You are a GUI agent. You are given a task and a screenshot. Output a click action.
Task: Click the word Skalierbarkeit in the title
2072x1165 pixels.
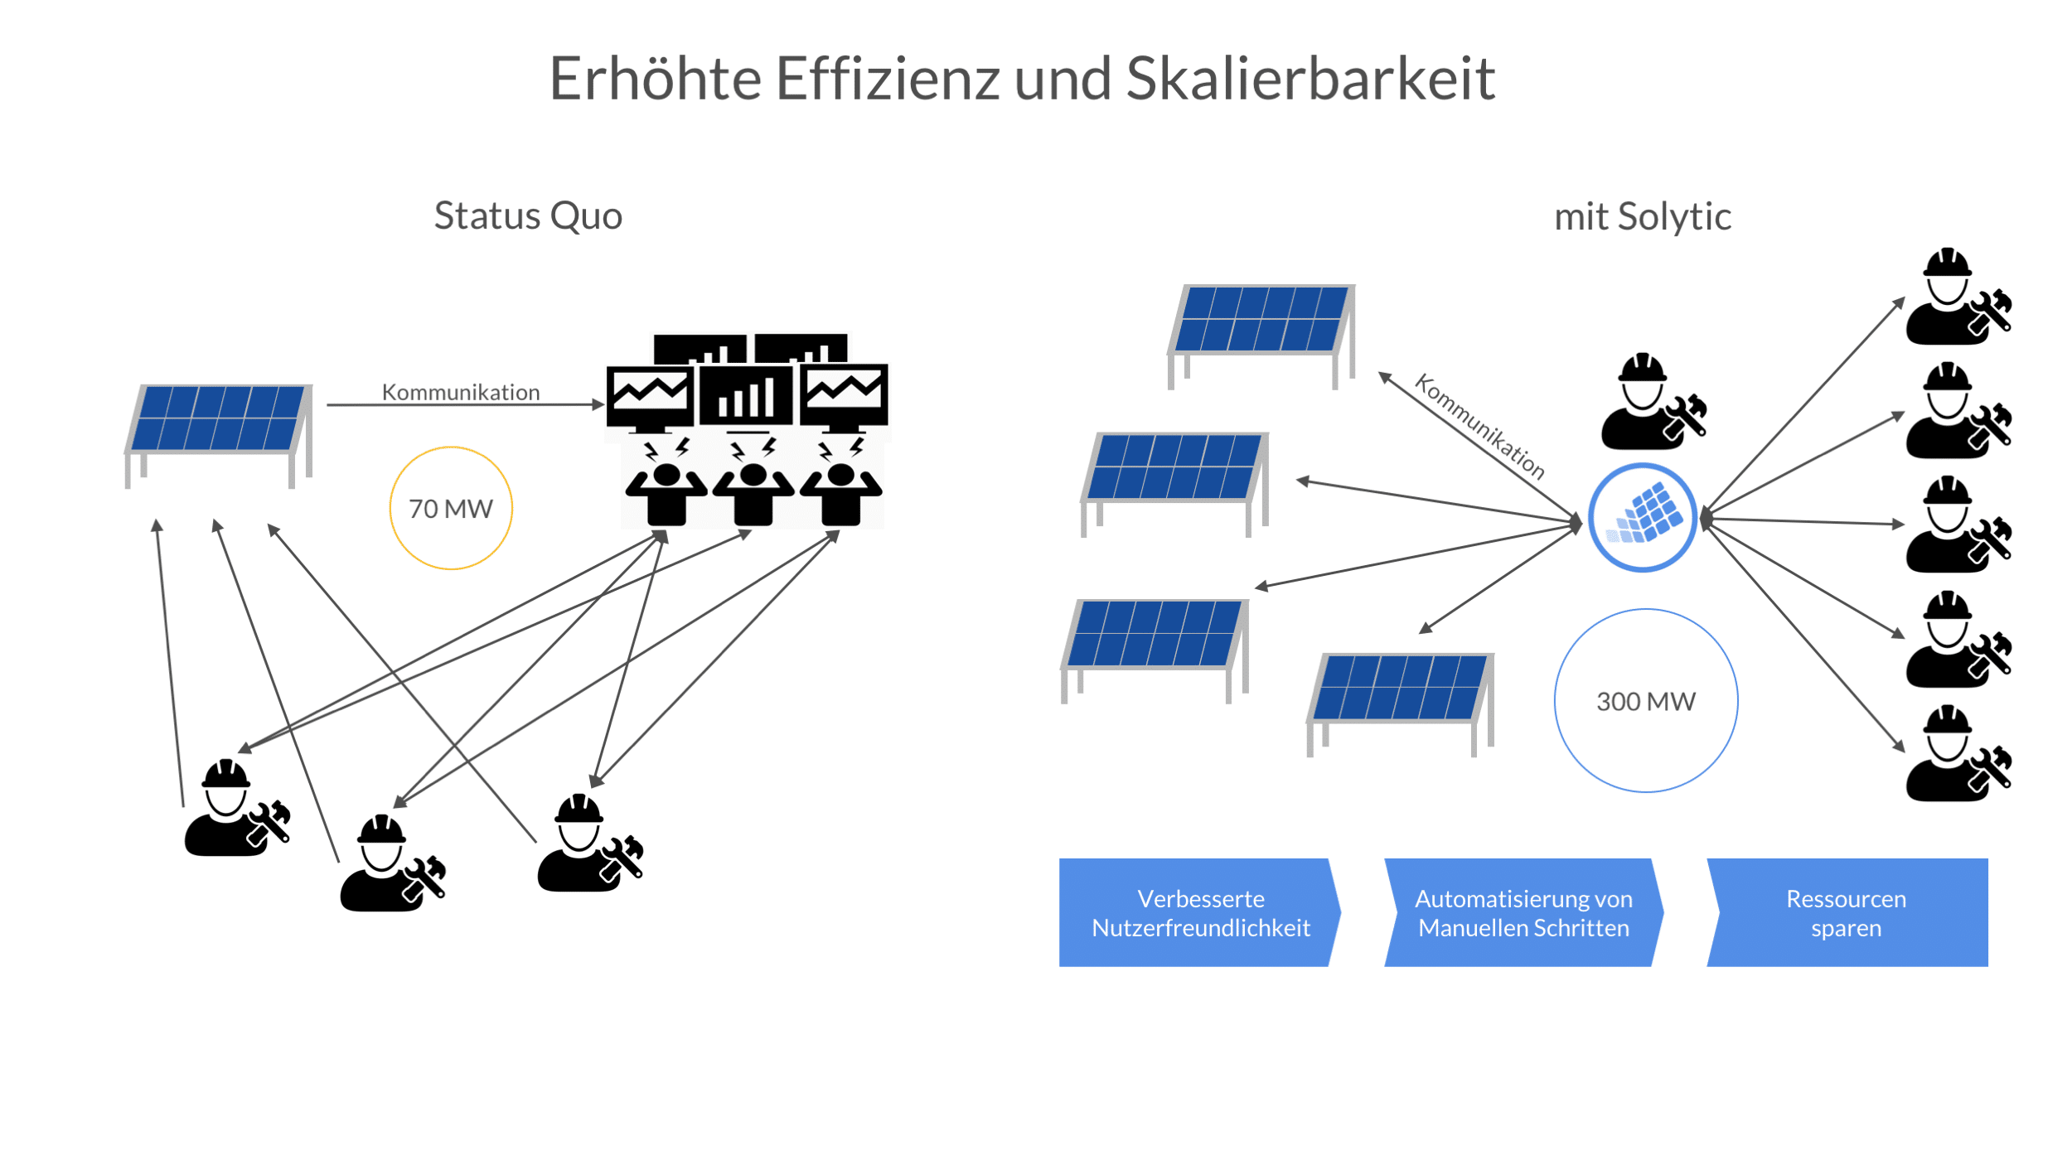1310,80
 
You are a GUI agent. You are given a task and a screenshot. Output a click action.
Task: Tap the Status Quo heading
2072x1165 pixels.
528,216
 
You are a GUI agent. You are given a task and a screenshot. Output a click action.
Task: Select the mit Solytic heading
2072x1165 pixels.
1642,217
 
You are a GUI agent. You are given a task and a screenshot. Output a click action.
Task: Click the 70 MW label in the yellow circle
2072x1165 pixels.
451,509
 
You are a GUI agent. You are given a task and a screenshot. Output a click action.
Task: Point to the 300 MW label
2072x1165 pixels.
1646,702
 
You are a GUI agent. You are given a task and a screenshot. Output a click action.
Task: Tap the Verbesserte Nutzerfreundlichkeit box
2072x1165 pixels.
1200,913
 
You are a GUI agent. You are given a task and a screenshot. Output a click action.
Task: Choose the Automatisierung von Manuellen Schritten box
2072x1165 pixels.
1523,913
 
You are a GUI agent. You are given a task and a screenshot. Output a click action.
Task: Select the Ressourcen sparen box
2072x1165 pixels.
1847,913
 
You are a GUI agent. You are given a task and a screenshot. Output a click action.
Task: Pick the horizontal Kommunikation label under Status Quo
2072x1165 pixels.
461,392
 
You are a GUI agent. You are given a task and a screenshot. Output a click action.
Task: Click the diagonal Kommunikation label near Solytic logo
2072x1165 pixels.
1480,426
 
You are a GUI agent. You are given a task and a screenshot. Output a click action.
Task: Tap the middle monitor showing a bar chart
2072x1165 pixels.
747,396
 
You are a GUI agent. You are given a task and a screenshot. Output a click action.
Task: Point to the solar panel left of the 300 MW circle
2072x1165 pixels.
1401,696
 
